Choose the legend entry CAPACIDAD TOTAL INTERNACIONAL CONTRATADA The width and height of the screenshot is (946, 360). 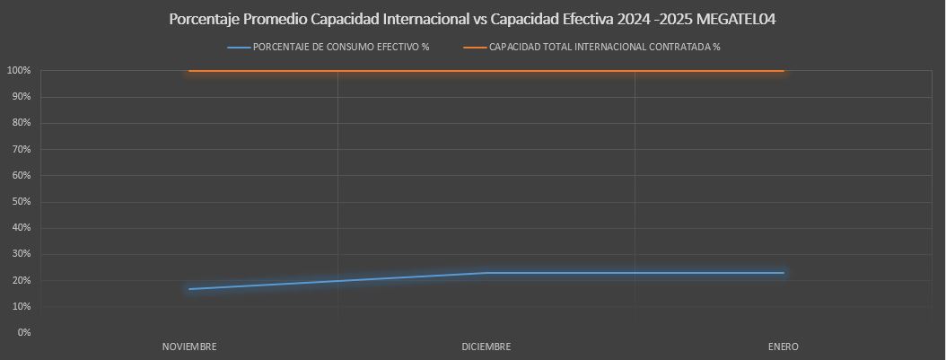[x=604, y=48]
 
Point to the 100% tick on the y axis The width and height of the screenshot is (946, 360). [x=19, y=71]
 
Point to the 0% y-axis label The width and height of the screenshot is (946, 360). [x=23, y=332]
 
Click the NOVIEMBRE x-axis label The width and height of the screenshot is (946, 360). [x=189, y=347]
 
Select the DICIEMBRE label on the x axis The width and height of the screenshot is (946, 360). [x=486, y=347]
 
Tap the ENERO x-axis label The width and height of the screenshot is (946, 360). [x=784, y=347]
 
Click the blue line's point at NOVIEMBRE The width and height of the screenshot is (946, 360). [x=189, y=289]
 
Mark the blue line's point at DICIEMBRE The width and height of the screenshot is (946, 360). [x=486, y=273]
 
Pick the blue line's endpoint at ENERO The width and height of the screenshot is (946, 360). [x=784, y=273]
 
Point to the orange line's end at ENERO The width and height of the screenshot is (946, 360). [x=784, y=71]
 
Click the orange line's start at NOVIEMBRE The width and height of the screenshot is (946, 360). [x=189, y=71]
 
